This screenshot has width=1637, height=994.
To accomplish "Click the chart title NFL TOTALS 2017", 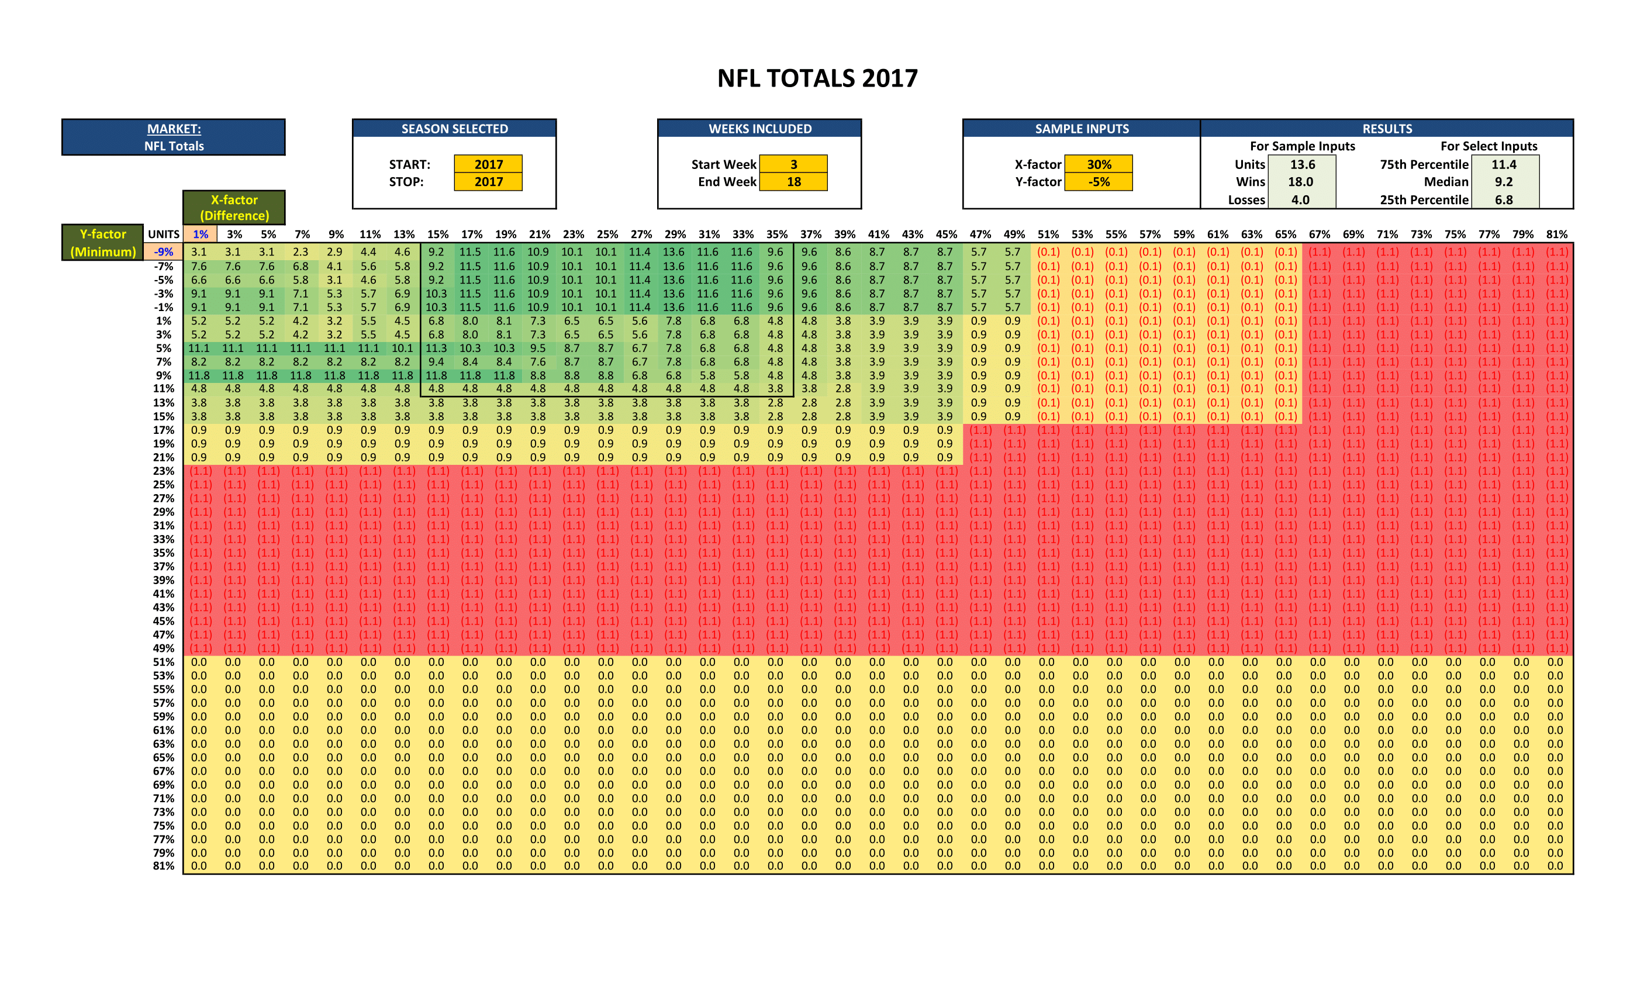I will pyautogui.click(x=817, y=78).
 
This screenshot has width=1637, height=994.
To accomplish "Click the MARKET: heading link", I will pyautogui.click(x=174, y=129).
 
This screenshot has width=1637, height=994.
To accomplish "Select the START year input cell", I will pyautogui.click(x=488, y=164).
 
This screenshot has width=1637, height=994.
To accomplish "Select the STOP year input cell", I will pyautogui.click(x=488, y=181).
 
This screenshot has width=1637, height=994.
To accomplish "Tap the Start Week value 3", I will pyautogui.click(x=793, y=164).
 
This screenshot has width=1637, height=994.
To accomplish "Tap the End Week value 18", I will pyautogui.click(x=793, y=181).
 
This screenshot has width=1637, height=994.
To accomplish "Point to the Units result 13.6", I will pyautogui.click(x=1302, y=164).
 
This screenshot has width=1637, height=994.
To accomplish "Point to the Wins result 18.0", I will pyautogui.click(x=1301, y=181).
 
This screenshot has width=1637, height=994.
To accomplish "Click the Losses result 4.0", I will pyautogui.click(x=1301, y=199).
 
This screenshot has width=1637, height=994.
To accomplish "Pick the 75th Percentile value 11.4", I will pyautogui.click(x=1504, y=164).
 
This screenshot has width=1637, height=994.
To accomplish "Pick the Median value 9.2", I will pyautogui.click(x=1504, y=181).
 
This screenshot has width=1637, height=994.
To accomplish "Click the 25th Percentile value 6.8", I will pyautogui.click(x=1504, y=199).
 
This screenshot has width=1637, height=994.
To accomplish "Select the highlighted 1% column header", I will pyautogui.click(x=200, y=234).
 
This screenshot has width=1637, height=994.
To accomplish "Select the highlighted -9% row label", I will pyautogui.click(x=164, y=252).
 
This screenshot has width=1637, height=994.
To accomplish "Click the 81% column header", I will pyautogui.click(x=1556, y=234).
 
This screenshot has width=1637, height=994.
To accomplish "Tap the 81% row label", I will pyautogui.click(x=164, y=866).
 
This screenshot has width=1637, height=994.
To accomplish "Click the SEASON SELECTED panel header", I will pyautogui.click(x=454, y=129).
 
